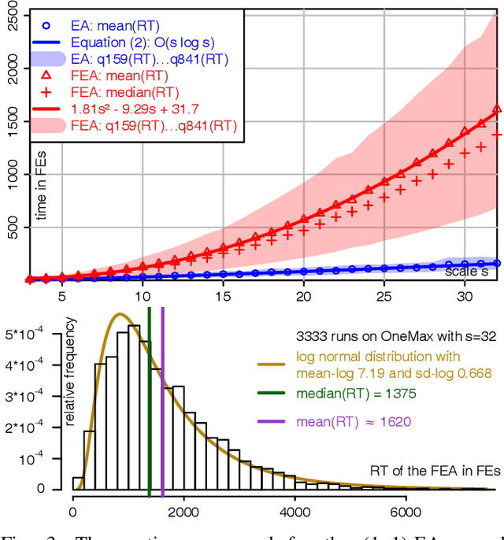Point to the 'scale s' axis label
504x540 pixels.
[466, 272]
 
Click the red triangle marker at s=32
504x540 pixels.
[497, 109]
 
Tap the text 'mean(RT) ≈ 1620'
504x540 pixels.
[354, 422]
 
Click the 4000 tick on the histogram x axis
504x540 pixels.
[295, 511]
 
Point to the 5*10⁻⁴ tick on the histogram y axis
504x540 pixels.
[31, 333]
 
